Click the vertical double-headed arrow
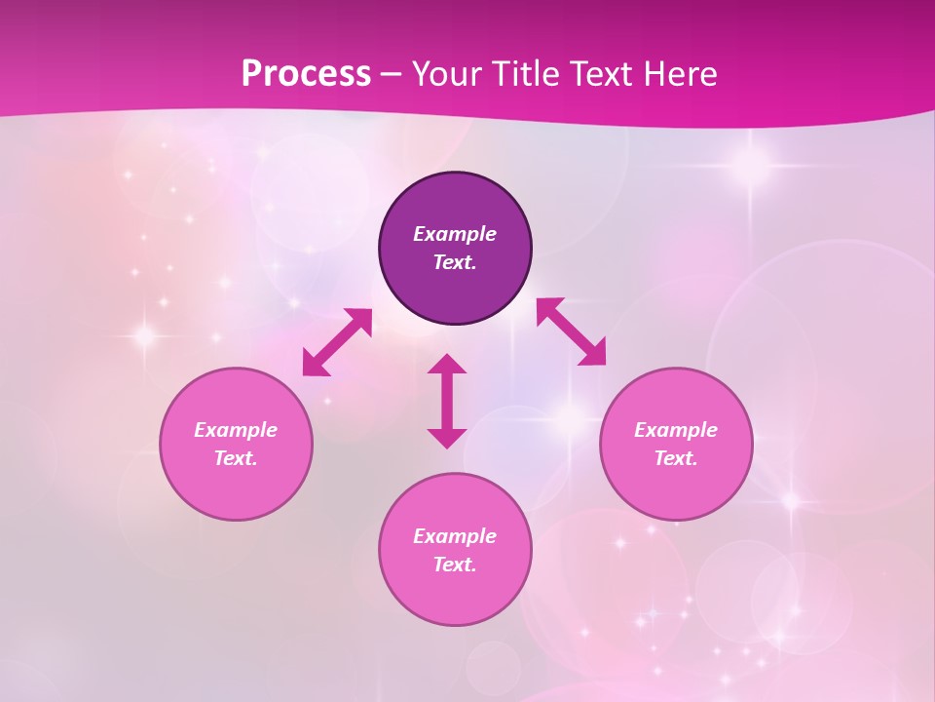pos(447,401)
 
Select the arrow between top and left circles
pos(337,342)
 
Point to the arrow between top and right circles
pos(571,331)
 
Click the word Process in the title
pos(306,73)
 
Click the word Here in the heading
pos(682,73)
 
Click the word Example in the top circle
pos(455,234)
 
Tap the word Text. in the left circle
pos(236,458)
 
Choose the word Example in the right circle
pos(676,430)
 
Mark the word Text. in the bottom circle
pos(455,565)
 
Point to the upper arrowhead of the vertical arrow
pos(447,364)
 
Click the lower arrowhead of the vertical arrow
pos(447,438)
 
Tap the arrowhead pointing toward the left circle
pos(314,365)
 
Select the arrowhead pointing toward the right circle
pos(593,353)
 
